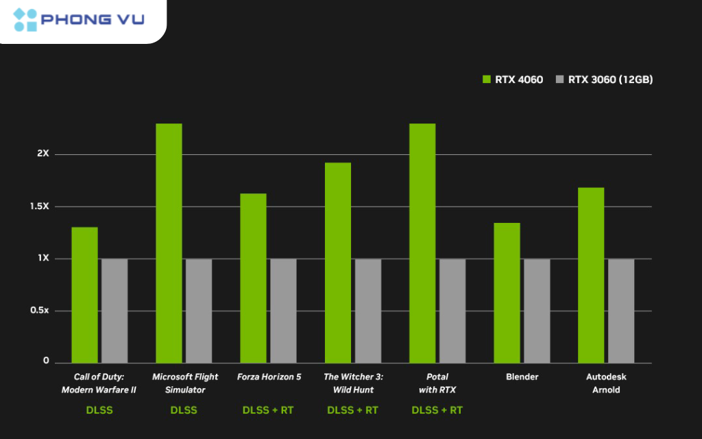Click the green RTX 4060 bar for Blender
click(x=507, y=293)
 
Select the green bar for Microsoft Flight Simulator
click(x=169, y=243)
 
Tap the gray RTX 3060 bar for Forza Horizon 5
click(x=283, y=311)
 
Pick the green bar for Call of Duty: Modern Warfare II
click(x=84, y=295)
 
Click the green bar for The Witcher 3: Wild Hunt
click(x=338, y=263)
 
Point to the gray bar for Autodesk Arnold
click(x=621, y=311)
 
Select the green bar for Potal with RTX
click(x=422, y=243)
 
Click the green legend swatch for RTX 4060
click(x=487, y=80)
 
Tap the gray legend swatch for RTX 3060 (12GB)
click(x=559, y=80)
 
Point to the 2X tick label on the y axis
click(x=43, y=154)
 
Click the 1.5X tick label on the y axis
click(x=38, y=206)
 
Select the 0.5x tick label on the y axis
click(x=38, y=310)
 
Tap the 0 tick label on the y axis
click(x=47, y=361)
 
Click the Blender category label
click(x=522, y=377)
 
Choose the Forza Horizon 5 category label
click(x=269, y=377)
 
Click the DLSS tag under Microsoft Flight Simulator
click(x=184, y=410)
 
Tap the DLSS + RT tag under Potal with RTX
click(x=437, y=410)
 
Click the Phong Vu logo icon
click(x=25, y=20)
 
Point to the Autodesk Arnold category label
click(x=606, y=383)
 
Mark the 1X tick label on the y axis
click(x=43, y=258)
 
